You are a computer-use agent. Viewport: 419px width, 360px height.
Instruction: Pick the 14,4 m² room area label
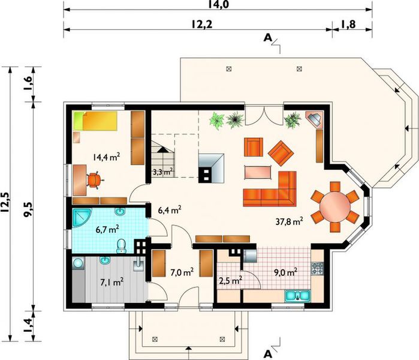click(106, 158)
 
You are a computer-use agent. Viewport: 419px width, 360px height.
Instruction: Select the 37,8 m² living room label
click(288, 220)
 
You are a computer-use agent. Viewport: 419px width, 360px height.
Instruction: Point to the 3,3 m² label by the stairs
click(162, 172)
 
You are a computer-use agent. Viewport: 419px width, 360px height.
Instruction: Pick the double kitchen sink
click(297, 295)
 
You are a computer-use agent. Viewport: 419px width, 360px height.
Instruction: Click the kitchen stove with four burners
click(317, 269)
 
